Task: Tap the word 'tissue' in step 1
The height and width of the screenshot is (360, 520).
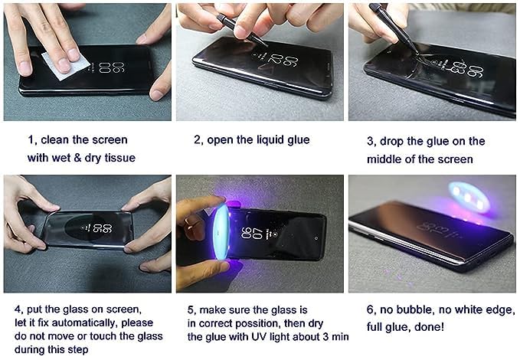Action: pyautogui.click(x=120, y=158)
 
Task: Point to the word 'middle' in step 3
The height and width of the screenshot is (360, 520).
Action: pyautogui.click(x=384, y=159)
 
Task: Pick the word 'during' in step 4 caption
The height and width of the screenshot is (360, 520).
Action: pyautogui.click(x=28, y=349)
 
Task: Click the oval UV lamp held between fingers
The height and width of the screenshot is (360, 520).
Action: pyautogui.click(x=221, y=232)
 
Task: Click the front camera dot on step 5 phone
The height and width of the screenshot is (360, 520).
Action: pyautogui.click(x=316, y=238)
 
